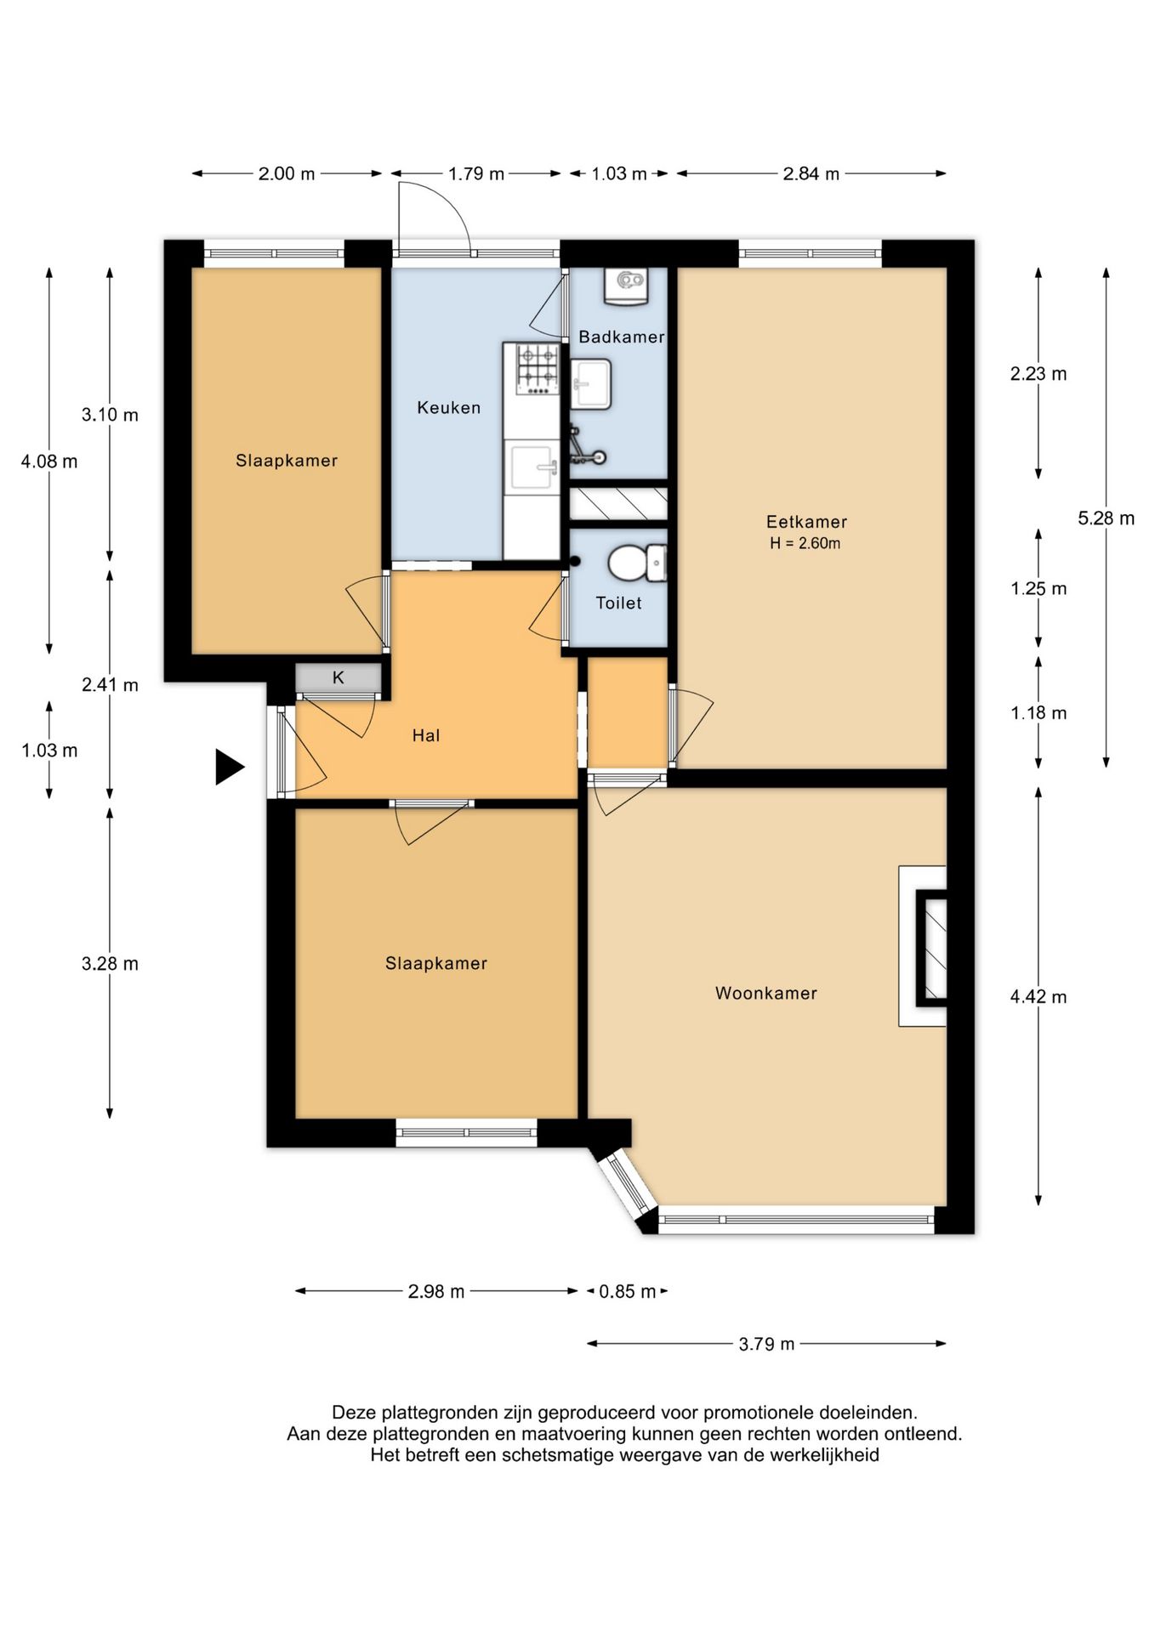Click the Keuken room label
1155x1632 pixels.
coord(448,408)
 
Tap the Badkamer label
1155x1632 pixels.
coord(621,337)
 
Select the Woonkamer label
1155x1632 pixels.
coord(765,993)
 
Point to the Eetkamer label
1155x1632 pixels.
coord(806,522)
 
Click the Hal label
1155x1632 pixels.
coord(426,735)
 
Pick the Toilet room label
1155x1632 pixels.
coord(618,603)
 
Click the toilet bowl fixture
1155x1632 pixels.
coord(637,563)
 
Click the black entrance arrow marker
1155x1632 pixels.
coord(229,767)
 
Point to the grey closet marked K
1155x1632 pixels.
coord(339,677)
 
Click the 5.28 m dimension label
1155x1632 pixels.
coord(1106,518)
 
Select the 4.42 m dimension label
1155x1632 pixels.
coord(1038,997)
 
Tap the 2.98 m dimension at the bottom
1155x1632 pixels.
coord(436,1291)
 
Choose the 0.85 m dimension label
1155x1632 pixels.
coord(628,1291)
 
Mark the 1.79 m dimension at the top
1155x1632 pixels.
coord(476,173)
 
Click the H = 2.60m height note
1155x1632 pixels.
coord(805,544)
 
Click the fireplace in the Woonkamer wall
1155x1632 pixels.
coord(923,946)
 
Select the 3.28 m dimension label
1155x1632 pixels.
coord(110,964)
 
